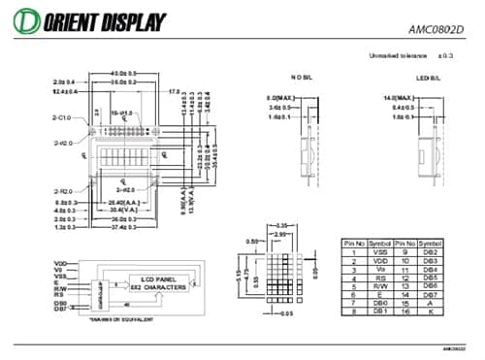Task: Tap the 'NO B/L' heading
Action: point(302,77)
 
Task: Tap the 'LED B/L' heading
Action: point(428,77)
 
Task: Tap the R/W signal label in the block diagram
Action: point(60,288)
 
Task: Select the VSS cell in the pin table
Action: point(380,250)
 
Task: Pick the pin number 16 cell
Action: point(404,311)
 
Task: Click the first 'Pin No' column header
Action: point(354,242)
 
